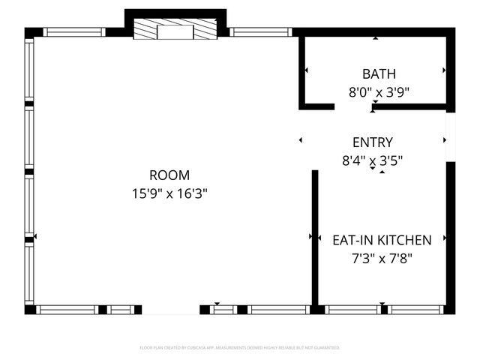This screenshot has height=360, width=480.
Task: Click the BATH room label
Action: click(379, 73)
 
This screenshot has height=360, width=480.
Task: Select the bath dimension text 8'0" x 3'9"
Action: click(379, 93)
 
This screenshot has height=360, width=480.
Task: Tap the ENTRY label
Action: click(372, 142)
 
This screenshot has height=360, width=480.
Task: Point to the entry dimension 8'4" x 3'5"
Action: click(372, 160)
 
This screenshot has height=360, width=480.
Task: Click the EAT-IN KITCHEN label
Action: click(382, 240)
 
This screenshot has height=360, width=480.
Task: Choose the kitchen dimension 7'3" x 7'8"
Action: click(382, 258)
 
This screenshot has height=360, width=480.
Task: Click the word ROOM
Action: click(169, 175)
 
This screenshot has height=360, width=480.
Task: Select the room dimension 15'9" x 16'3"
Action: click(169, 193)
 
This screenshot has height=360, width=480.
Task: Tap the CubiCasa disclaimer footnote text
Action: click(240, 348)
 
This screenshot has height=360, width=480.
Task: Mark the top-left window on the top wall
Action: click(73, 32)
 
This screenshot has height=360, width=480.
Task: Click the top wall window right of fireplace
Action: click(259, 32)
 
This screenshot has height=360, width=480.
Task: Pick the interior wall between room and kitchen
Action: click(315, 236)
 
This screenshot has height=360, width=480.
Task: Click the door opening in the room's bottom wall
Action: click(171, 310)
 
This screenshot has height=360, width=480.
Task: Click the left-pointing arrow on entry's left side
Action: click(301, 139)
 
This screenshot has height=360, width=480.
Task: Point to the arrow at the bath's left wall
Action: click(306, 71)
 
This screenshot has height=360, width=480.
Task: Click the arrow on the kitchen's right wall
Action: click(445, 238)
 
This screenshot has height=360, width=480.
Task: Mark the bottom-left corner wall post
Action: click(30, 310)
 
